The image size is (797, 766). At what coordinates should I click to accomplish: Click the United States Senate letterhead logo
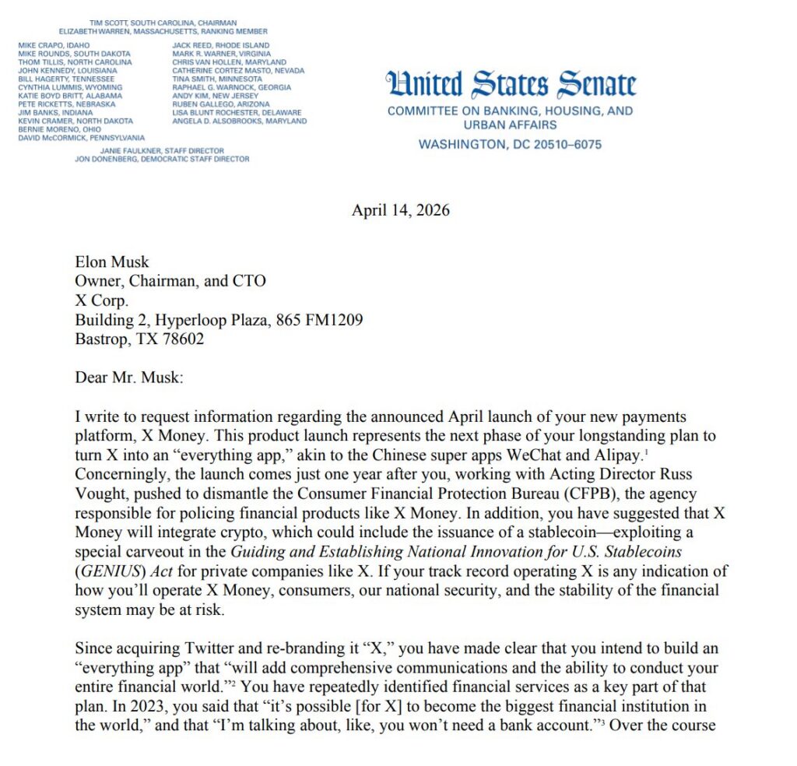pyautogui.click(x=511, y=84)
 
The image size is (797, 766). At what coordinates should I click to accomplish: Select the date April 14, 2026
pyautogui.click(x=400, y=210)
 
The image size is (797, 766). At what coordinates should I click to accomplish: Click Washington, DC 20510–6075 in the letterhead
pyautogui.click(x=510, y=144)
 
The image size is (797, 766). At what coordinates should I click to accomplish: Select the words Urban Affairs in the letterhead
pyautogui.click(x=510, y=125)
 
